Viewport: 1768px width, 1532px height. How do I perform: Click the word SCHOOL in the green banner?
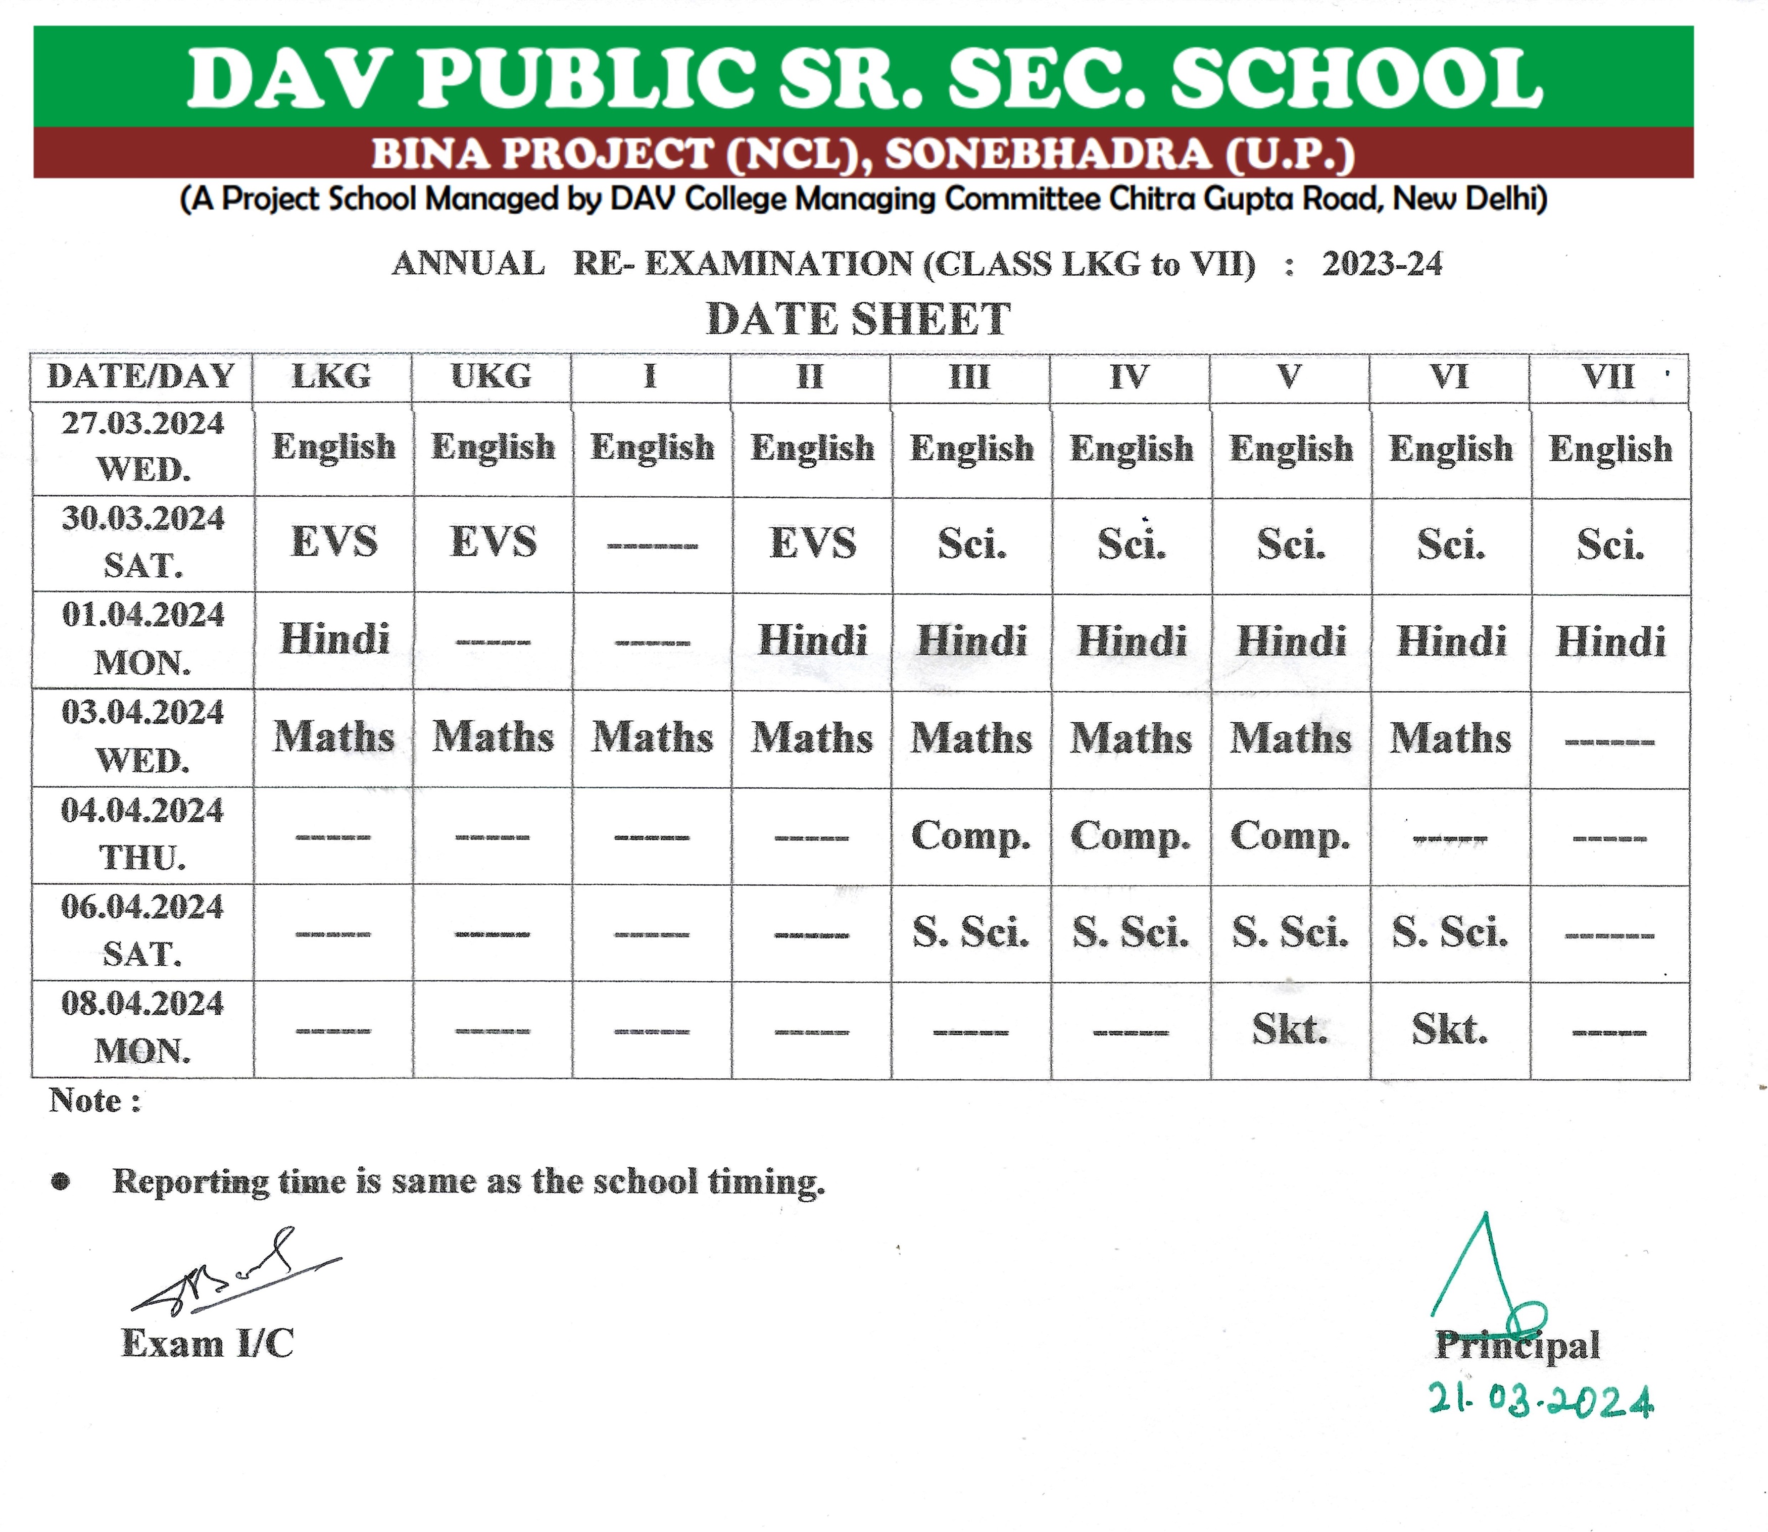pyautogui.click(x=1356, y=79)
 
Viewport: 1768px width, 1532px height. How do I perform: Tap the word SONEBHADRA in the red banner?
pyautogui.click(x=1047, y=155)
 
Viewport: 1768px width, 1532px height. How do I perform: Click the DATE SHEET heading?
pyautogui.click(x=858, y=319)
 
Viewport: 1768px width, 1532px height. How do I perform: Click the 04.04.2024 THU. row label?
pyautogui.click(x=142, y=833)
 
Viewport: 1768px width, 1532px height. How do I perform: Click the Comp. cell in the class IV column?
pyautogui.click(x=1130, y=836)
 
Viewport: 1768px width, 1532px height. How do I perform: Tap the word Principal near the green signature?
pyautogui.click(x=1516, y=1345)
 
